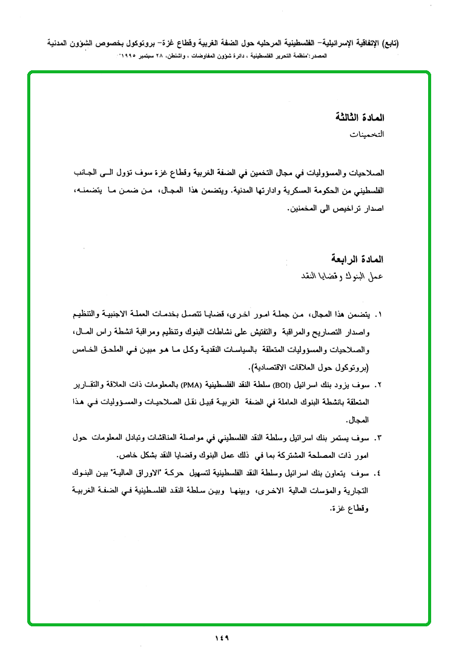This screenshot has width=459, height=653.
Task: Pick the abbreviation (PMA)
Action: pos(191,385)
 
